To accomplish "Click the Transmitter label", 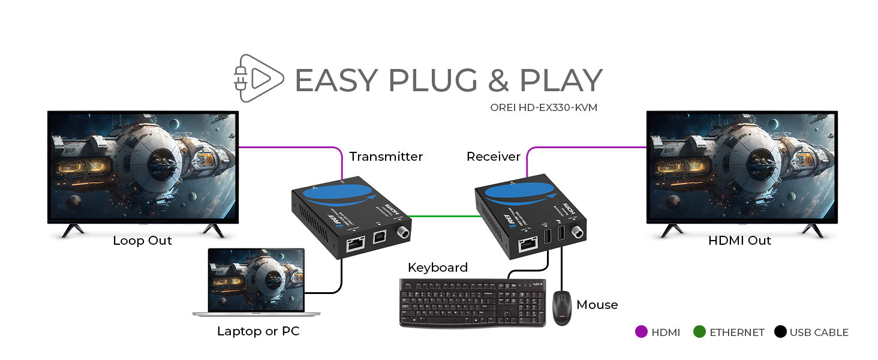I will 386,157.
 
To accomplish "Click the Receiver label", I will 493,157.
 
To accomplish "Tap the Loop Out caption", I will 142,241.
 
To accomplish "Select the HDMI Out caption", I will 739,241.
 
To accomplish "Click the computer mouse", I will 562,308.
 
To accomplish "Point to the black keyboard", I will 472,304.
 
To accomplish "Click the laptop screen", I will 256,280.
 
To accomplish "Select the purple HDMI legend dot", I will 641,332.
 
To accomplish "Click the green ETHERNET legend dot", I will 699,332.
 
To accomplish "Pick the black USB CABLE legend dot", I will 780,332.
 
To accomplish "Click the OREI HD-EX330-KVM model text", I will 543,108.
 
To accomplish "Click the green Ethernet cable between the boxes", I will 444,215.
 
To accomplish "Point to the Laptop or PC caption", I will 258,331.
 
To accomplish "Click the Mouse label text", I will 597,305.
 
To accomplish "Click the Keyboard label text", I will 437,268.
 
